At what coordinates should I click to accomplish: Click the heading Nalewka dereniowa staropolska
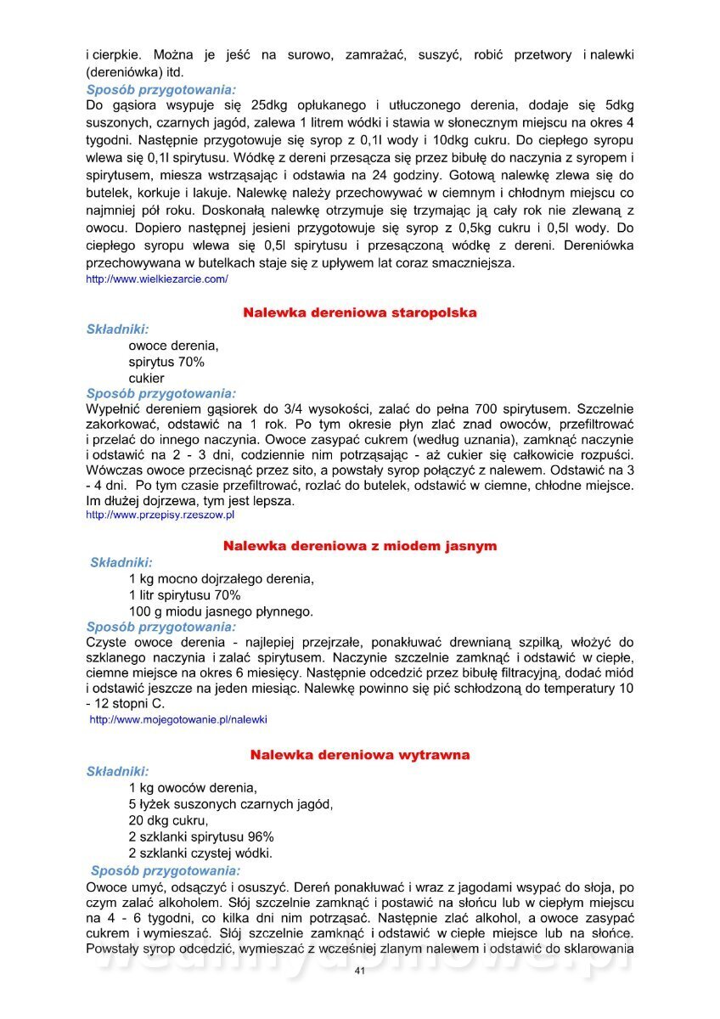tap(360, 312)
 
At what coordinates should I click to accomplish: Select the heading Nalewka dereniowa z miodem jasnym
tap(360, 545)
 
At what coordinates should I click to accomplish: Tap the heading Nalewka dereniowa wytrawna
tap(360, 754)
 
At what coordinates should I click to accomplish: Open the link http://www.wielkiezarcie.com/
tap(157, 279)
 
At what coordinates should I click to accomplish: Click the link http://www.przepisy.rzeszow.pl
tap(160, 515)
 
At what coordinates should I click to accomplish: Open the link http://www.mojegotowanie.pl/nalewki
tap(178, 719)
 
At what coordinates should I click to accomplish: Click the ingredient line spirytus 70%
tap(166, 362)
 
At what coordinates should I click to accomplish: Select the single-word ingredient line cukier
tap(147, 378)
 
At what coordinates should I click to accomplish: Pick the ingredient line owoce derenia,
tap(174, 346)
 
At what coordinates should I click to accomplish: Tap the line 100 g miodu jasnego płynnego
tap(221, 611)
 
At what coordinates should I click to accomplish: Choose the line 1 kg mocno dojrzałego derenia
tap(222, 579)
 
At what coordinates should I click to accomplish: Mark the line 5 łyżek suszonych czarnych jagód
tap(231, 804)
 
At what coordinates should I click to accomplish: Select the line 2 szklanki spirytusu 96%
tap(201, 836)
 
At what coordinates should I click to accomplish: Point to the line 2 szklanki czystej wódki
tap(200, 853)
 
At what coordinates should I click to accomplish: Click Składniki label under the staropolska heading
tap(118, 329)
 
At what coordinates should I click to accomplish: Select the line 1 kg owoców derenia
tap(193, 788)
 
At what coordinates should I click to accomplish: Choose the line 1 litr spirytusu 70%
tap(185, 595)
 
